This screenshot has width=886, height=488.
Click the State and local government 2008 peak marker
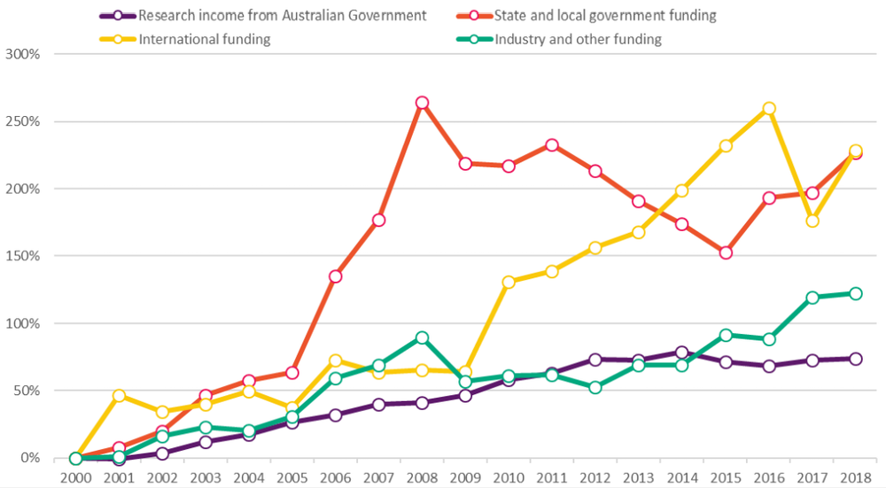[422, 103]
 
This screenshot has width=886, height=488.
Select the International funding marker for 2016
[769, 108]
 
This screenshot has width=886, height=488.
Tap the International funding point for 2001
[119, 396]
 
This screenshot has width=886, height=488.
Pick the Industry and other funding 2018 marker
[856, 293]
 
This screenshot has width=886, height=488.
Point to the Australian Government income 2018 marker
[856, 359]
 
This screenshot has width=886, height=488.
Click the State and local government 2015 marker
[726, 252]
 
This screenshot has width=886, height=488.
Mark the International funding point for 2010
[509, 283]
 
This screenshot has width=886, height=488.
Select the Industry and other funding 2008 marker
[422, 337]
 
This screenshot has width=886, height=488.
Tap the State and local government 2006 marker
[335, 276]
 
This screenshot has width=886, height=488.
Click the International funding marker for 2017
[812, 221]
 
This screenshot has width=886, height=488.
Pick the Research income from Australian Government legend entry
[283, 15]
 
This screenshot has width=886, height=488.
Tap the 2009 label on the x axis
[465, 476]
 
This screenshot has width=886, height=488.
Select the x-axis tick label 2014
[682, 476]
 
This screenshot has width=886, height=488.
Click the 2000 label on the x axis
[75, 476]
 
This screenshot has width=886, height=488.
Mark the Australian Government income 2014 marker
[682, 352]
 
